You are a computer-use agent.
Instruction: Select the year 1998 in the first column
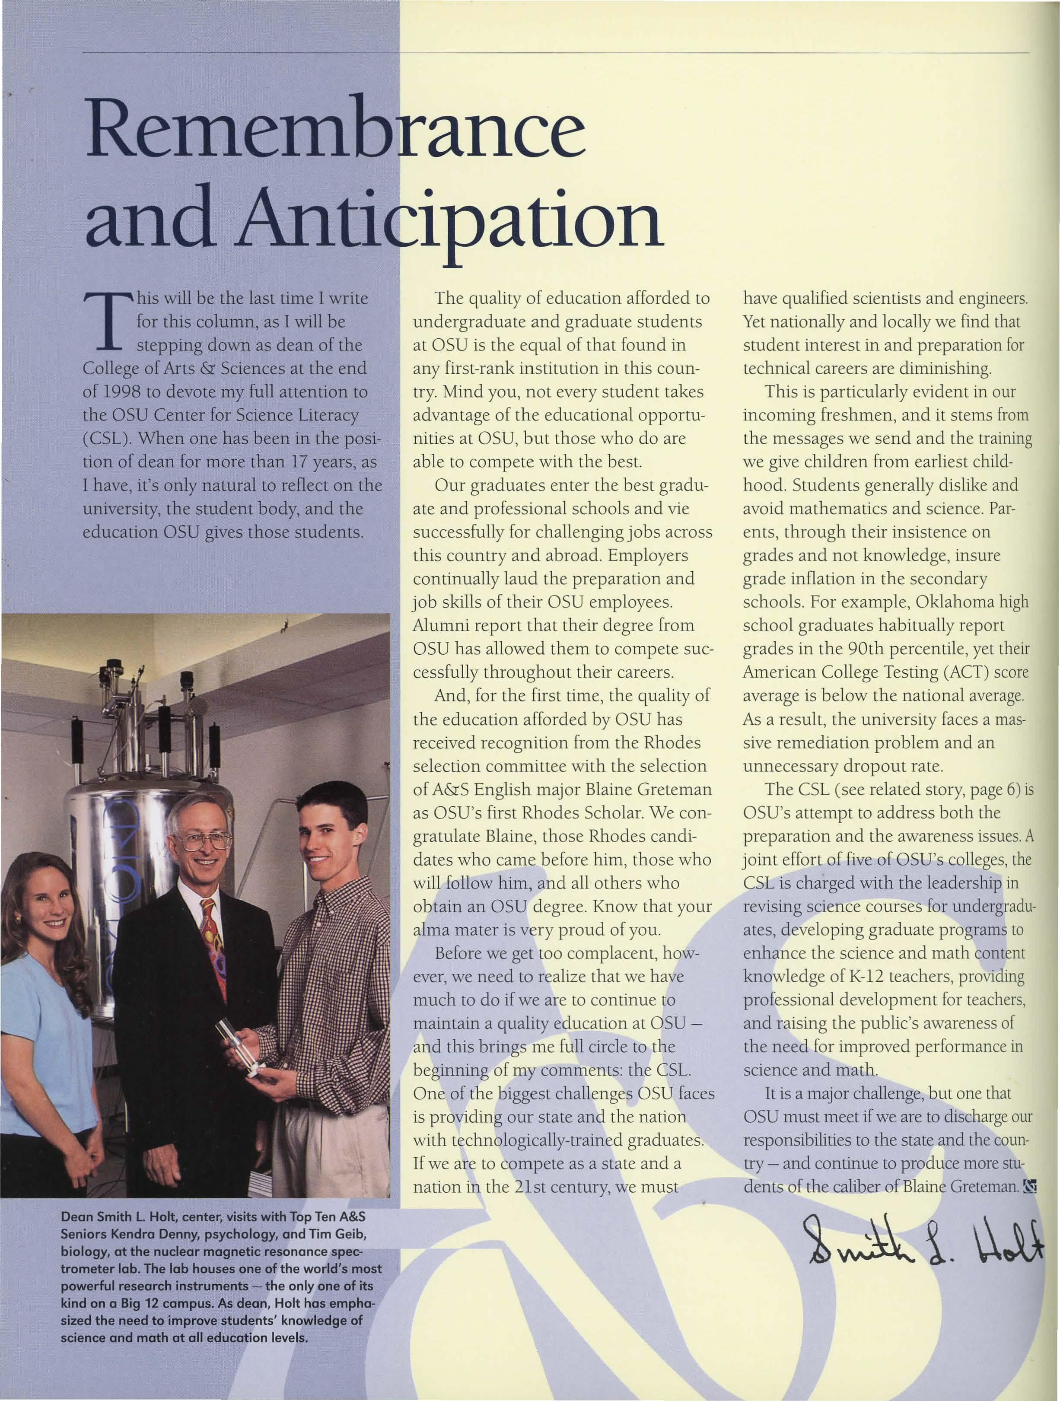click(115, 392)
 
